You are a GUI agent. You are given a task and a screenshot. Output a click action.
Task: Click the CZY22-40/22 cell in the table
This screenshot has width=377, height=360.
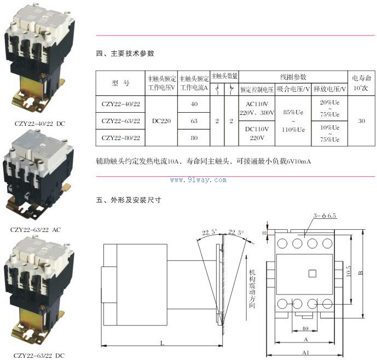[x=121, y=104]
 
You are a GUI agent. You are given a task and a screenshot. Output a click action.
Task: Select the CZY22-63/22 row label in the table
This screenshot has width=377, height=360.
[x=121, y=121]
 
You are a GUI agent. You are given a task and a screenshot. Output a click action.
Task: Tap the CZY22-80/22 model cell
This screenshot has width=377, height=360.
[x=121, y=138]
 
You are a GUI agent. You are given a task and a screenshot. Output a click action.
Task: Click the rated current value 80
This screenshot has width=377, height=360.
[x=194, y=138]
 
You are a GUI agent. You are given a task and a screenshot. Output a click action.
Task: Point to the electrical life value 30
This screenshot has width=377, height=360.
[x=361, y=121]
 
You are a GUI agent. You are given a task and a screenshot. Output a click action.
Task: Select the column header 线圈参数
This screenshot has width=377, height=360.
[x=293, y=77]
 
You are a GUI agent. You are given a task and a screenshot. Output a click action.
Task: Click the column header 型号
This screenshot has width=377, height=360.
[x=121, y=83]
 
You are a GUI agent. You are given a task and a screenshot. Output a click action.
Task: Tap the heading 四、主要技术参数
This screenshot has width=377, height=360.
[x=125, y=54]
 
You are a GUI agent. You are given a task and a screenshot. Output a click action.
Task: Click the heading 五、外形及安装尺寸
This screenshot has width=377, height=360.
[x=129, y=200]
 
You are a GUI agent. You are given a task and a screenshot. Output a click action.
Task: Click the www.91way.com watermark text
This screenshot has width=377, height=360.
[x=198, y=179]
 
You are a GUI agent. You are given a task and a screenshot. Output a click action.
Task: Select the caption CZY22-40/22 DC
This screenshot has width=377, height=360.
[x=39, y=124]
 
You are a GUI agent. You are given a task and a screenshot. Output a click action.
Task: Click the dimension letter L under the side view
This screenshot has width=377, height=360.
[x=161, y=343]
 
